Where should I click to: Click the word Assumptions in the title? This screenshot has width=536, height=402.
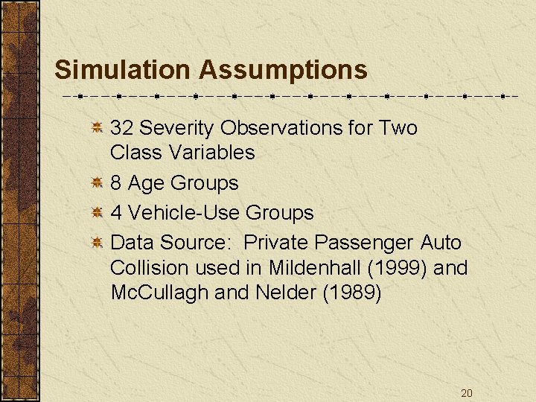[x=283, y=70]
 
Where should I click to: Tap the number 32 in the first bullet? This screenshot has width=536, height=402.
[x=121, y=128]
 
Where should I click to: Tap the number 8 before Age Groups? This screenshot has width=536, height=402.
[x=116, y=183]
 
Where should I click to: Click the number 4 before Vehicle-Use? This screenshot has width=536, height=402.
[x=116, y=213]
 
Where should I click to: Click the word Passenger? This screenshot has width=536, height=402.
[x=367, y=243]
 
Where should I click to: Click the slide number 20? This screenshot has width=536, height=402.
[x=466, y=393]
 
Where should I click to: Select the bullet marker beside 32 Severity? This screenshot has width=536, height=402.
[x=97, y=129]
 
